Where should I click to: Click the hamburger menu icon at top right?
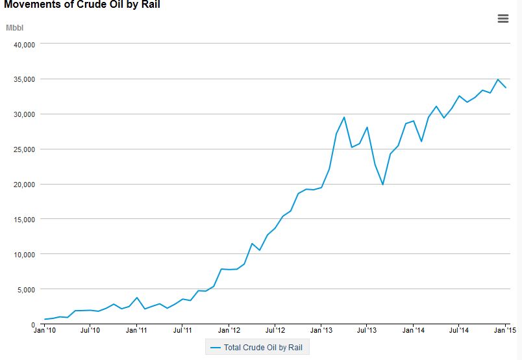[x=503, y=18]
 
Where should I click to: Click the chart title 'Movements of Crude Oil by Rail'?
[x=82, y=5]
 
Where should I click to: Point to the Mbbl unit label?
[x=15, y=28]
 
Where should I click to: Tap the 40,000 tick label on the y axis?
[x=24, y=45]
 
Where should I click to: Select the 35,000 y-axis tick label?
[x=24, y=79]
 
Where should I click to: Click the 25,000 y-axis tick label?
[x=24, y=149]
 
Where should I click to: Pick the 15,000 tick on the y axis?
[x=24, y=220]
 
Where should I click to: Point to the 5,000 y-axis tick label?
[x=27, y=290]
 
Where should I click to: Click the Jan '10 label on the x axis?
[x=45, y=330]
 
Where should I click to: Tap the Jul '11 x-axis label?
[x=182, y=330]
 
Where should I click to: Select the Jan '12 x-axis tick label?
[x=229, y=330]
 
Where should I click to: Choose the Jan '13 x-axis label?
[x=321, y=330]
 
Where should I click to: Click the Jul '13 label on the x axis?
[x=367, y=330]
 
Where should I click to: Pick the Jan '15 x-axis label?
[x=505, y=330]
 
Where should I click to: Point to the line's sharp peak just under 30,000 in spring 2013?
[x=344, y=117]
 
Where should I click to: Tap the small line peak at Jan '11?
[x=137, y=298]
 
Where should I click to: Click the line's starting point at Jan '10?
[x=45, y=319]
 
